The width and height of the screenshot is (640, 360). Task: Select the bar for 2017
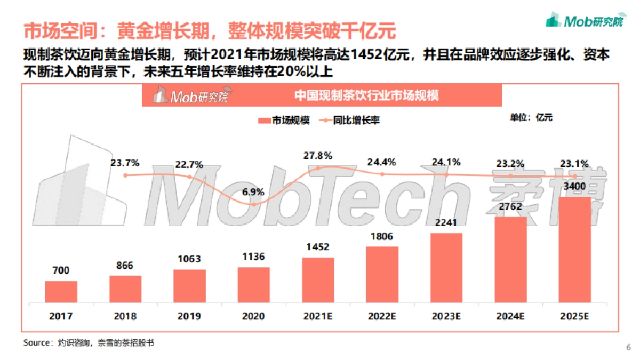pyautogui.click(x=61, y=292)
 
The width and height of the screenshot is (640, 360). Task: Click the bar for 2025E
pyautogui.click(x=574, y=250)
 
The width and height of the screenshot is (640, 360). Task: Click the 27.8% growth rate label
pyautogui.click(x=318, y=156)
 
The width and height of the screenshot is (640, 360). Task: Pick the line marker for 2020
pyautogui.click(x=254, y=204)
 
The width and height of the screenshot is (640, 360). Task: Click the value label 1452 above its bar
pyautogui.click(x=318, y=247)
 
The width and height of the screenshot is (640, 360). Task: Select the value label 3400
pyautogui.click(x=574, y=186)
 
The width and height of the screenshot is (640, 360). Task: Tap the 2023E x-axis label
pyautogui.click(x=446, y=316)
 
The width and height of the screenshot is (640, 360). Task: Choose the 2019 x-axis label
pyautogui.click(x=189, y=316)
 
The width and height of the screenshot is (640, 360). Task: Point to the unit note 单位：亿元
pyautogui.click(x=531, y=118)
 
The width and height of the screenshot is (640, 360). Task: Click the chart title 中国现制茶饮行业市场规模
pyautogui.click(x=367, y=96)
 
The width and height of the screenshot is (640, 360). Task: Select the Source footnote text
pyautogui.click(x=89, y=343)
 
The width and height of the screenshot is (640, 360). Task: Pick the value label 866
pyautogui.click(x=125, y=265)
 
